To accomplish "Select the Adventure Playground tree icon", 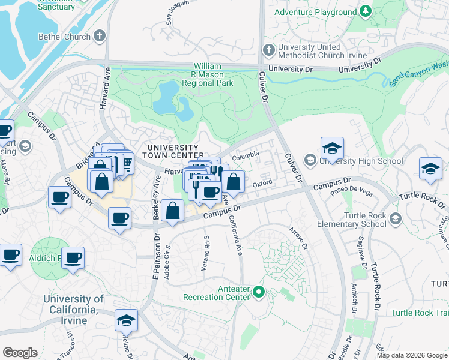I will pos(366,12).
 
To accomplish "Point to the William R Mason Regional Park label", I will pos(213,74).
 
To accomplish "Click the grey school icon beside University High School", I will pos(310,160).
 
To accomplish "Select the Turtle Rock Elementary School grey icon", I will pos(394,220).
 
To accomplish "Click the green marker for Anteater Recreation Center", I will pos(259,292).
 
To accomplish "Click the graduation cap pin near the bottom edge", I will pos(126,321).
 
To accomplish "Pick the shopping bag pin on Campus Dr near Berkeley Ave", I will pos(173,211).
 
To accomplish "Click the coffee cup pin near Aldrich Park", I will pos(73,258).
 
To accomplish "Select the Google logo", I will pos(20,352).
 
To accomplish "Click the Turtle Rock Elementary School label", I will pos(357,220).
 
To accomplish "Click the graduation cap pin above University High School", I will pos(332,148).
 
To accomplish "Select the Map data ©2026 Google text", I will pos(411,355).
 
